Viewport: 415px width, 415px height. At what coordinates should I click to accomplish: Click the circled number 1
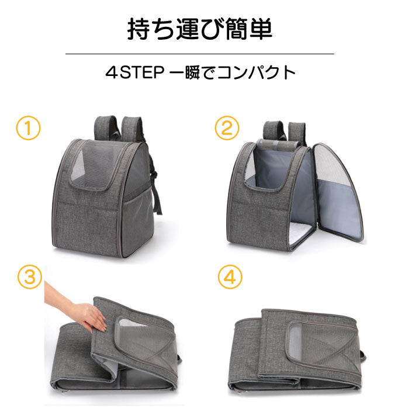tap(28, 128)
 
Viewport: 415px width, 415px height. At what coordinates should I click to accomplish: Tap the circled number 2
tap(227, 128)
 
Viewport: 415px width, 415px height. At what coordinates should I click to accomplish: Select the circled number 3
tap(30, 277)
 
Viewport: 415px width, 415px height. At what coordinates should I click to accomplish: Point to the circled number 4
tap(230, 277)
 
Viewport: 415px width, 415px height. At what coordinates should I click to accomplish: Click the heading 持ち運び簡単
tap(200, 29)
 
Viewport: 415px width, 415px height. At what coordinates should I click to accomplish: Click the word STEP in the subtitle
tap(142, 72)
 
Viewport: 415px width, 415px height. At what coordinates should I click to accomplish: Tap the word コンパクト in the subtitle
tap(255, 72)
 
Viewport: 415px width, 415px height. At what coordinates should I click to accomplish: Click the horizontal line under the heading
tap(200, 54)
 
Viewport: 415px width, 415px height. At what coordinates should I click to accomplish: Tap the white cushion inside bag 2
tap(301, 233)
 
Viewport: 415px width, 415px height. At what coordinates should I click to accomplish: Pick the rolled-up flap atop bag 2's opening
tap(278, 145)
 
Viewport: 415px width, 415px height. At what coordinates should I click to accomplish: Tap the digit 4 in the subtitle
tap(111, 72)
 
